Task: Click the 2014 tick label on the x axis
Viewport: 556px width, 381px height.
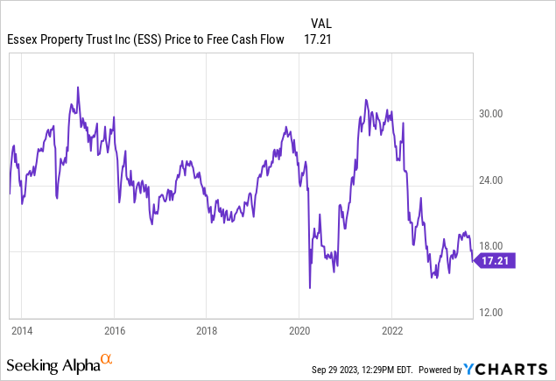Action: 22,330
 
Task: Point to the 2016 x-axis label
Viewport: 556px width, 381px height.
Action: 114,330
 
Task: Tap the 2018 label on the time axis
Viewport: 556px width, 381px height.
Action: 206,330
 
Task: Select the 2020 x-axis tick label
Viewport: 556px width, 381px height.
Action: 299,330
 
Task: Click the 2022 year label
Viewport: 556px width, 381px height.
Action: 391,330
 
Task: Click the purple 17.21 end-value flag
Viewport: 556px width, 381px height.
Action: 496,260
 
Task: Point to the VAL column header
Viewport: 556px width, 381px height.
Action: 321,23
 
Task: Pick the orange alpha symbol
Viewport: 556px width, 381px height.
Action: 106,359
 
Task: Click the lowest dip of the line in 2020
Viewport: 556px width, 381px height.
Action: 310,287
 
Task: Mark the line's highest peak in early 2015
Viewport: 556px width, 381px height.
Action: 78,87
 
